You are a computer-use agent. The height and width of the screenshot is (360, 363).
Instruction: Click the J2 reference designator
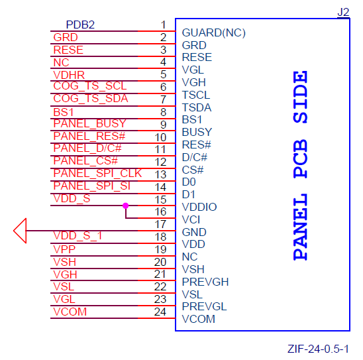point(343,12)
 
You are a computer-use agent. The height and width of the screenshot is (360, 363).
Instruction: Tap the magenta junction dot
point(125,206)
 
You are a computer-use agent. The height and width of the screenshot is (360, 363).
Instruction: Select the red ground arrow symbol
point(20,231)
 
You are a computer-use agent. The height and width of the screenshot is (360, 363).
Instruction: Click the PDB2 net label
point(80,25)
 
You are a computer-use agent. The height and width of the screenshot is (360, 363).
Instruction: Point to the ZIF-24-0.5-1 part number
point(318,349)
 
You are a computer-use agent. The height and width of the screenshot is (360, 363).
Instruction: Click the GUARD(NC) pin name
point(214,32)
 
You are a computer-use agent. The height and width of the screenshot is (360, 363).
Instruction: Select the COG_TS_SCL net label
point(90,86)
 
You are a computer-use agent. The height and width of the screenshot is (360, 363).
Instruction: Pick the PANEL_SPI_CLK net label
point(97,173)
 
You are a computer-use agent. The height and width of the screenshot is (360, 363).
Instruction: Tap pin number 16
point(160,211)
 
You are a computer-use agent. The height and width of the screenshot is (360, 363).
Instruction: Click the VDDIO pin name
point(199,207)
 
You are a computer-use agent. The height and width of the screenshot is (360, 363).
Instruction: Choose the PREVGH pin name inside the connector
point(205,282)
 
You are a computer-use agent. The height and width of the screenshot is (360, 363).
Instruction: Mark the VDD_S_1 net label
point(78,236)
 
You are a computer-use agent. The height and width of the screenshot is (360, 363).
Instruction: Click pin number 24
point(160,312)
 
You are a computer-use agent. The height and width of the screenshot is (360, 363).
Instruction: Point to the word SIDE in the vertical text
point(300,97)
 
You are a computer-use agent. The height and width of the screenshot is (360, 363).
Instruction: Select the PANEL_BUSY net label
point(90,123)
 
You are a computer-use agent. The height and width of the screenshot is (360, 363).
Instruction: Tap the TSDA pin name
point(197,107)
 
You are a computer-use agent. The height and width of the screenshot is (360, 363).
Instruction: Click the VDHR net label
point(69,75)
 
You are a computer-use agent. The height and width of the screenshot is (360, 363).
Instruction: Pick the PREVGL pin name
point(205,307)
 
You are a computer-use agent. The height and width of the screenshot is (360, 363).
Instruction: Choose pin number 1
point(163,25)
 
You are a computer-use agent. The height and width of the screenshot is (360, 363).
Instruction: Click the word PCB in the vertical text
point(300,158)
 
